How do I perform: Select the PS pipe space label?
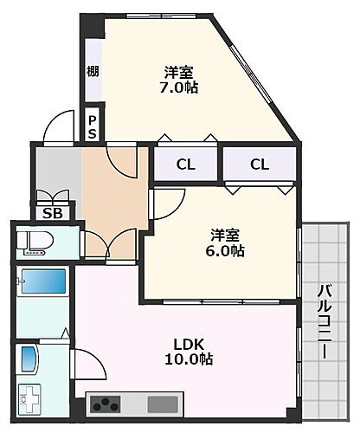pyautogui.click(x=92, y=126)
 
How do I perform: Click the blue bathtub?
pyautogui.click(x=43, y=282)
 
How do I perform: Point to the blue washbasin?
pyautogui.click(x=28, y=359)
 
